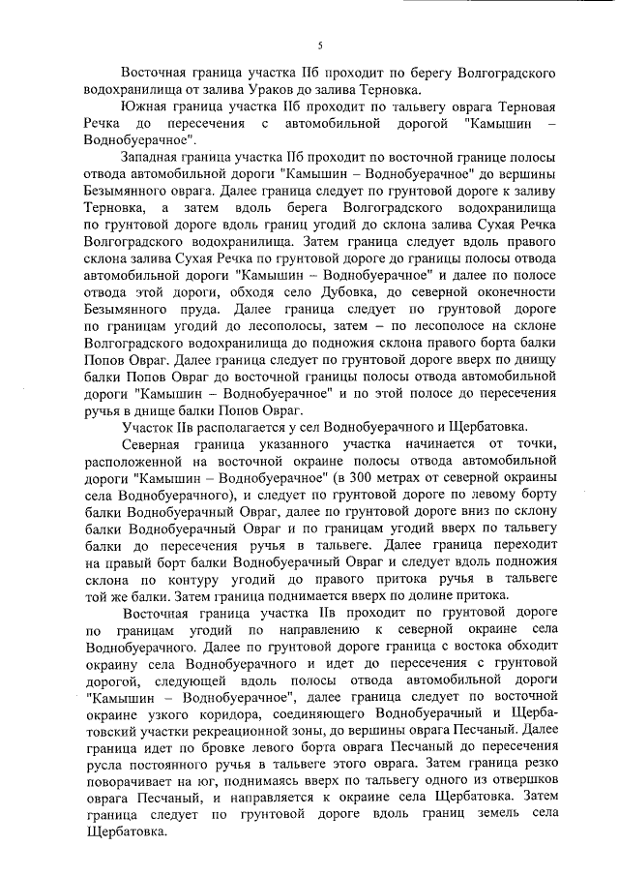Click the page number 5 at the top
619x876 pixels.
(x=319, y=45)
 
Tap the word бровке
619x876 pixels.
(x=202, y=751)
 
